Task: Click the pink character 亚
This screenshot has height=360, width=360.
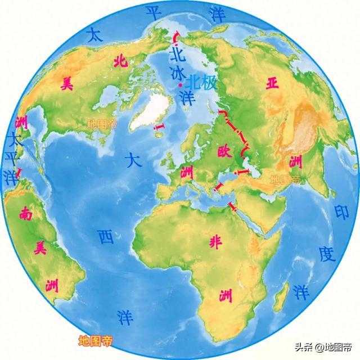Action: [273, 84]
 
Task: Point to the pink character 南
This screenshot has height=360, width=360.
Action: [25, 213]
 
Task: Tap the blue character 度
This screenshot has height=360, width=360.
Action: [326, 254]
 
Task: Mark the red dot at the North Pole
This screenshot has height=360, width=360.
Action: [179, 84]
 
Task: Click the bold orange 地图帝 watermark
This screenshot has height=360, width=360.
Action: [95, 340]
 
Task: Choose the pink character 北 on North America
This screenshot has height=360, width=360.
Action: [119, 61]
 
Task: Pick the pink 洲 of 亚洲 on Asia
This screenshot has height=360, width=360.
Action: [295, 162]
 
